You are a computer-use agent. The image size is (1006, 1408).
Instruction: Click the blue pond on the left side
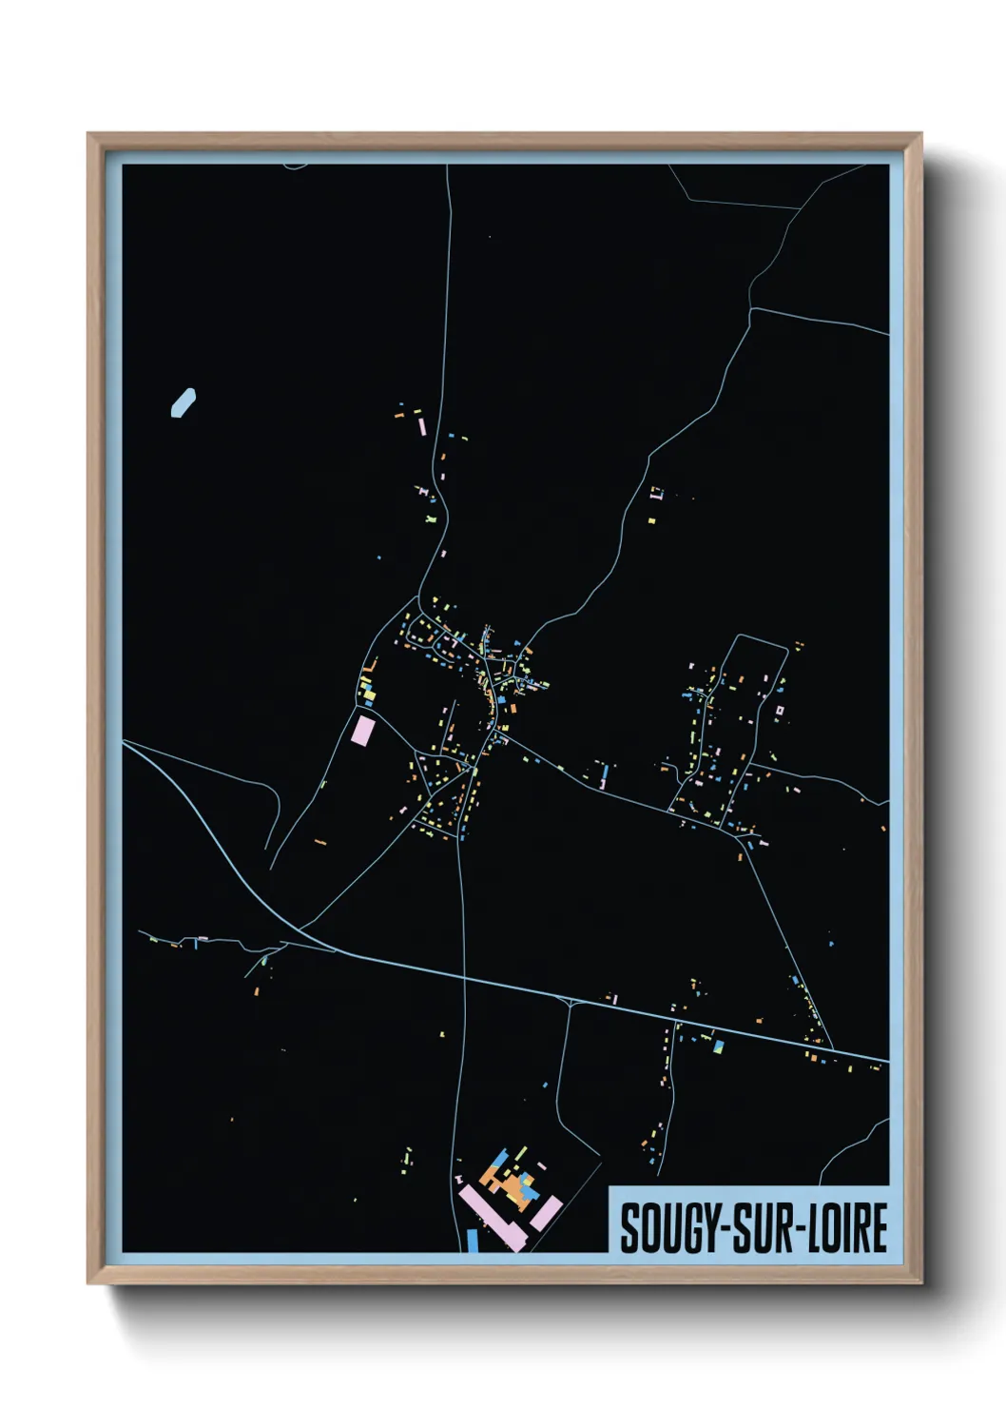click(x=183, y=402)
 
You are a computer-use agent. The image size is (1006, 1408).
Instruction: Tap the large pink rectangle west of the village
click(x=362, y=731)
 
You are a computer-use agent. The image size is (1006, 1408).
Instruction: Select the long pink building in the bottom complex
click(x=491, y=1217)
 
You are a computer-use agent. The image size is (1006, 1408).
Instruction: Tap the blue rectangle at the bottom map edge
click(x=473, y=1241)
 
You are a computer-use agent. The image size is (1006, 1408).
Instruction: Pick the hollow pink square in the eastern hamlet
click(x=780, y=710)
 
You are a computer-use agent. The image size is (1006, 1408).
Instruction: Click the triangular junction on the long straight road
click(x=569, y=1001)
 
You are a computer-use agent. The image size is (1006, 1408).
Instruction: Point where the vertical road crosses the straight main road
click(x=464, y=976)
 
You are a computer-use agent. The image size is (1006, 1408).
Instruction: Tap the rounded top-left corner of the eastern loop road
click(x=739, y=637)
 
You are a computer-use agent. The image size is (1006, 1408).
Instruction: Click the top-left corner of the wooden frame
click(x=89, y=135)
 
